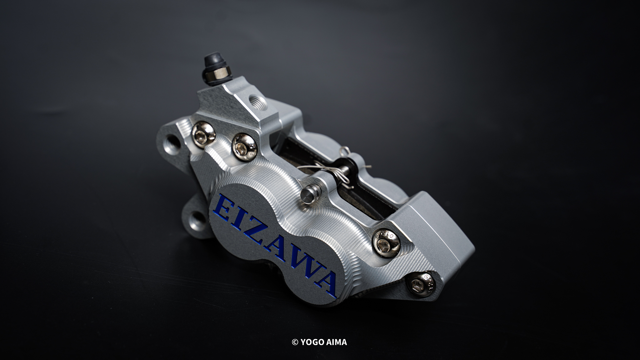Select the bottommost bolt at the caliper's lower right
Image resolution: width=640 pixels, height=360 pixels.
(x=421, y=284)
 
